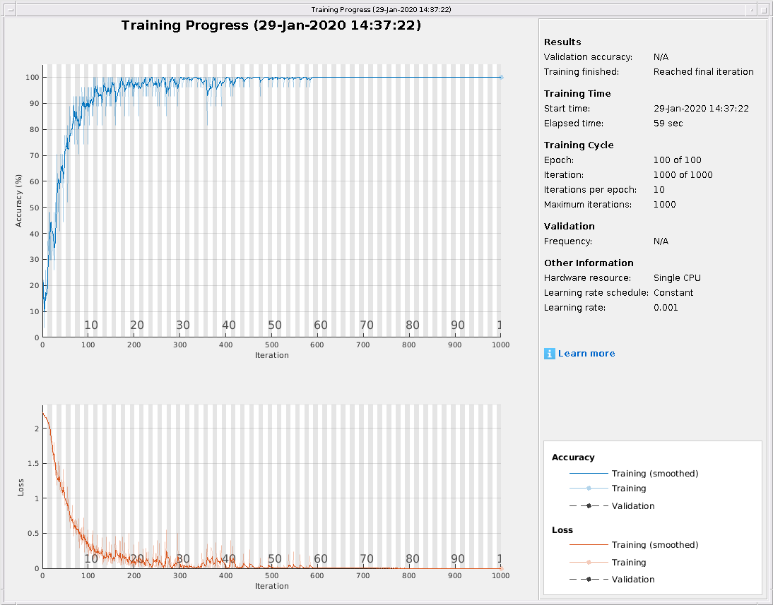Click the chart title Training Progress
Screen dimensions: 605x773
tap(271, 25)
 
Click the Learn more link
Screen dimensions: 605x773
tap(586, 354)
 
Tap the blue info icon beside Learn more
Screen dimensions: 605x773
tap(549, 354)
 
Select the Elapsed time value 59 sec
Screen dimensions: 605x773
tap(668, 124)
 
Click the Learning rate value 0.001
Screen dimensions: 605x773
tap(666, 308)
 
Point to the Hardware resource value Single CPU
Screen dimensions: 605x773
tap(677, 278)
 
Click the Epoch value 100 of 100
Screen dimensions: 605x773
tap(677, 160)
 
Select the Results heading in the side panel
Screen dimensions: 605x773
tap(562, 42)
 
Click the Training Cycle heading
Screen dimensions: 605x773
tap(579, 145)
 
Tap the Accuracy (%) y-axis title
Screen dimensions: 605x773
tap(20, 201)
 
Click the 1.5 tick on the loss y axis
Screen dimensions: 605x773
tap(32, 463)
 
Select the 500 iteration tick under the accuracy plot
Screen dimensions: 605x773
tap(271, 345)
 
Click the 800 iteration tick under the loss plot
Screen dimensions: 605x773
tap(409, 575)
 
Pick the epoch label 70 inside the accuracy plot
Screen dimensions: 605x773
tap(366, 325)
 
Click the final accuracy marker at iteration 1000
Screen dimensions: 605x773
tap(501, 77)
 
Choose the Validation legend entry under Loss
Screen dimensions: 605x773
tap(633, 580)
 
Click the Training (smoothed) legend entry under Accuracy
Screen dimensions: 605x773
tap(654, 474)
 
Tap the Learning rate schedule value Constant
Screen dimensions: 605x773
tap(673, 293)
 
